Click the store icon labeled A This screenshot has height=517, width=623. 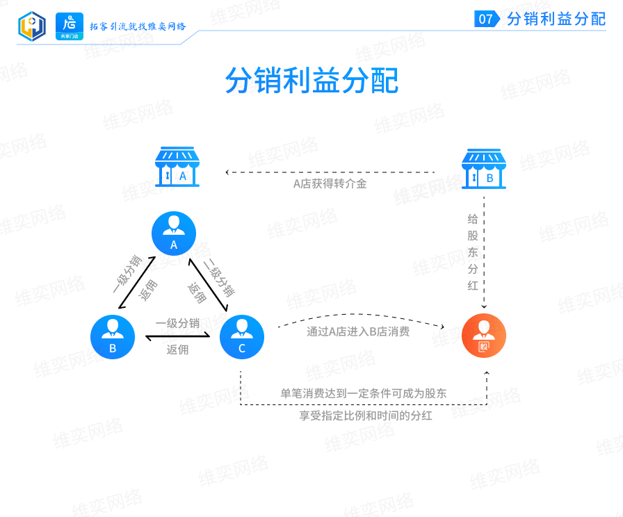click(177, 167)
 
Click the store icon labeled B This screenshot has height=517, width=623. click(484, 169)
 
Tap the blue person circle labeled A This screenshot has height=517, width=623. click(174, 233)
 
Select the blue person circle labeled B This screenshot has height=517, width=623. click(113, 337)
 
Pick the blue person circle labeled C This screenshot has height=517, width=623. click(242, 337)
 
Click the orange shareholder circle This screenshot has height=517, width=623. click(484, 336)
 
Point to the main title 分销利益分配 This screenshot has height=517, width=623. click(312, 80)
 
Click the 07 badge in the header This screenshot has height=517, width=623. click(487, 19)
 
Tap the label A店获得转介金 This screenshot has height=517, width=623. click(330, 184)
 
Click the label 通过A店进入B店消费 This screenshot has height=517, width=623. click(358, 331)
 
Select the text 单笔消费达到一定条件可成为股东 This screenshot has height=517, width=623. click(364, 393)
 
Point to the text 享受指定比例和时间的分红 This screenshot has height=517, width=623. click(366, 416)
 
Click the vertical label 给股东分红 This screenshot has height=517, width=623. click(473, 252)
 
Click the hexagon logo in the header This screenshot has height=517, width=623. click(32, 26)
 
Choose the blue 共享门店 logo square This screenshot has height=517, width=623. click(70, 26)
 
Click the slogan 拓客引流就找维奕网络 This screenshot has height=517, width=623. click(138, 26)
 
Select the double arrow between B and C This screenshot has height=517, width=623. click(177, 337)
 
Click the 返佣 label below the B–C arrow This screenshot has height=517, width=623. click(177, 350)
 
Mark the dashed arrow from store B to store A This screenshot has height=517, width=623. click(330, 172)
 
